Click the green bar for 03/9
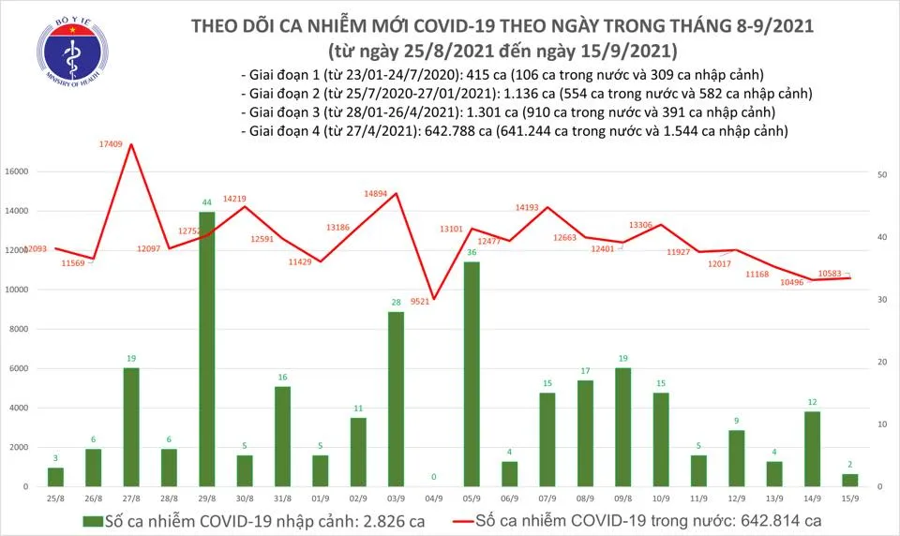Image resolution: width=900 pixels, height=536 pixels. click(396, 399)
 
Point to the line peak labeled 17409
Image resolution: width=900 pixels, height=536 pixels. click(131, 144)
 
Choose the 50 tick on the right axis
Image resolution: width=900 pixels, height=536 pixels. click(882, 175)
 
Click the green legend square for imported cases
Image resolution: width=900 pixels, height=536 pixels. click(91, 521)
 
